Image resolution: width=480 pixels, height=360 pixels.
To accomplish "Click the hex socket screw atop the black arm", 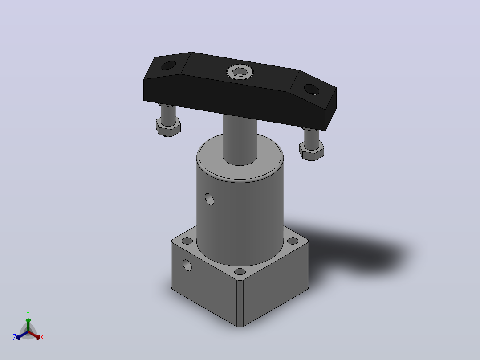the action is point(240,72).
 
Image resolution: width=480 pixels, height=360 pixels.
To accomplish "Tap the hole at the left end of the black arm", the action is point(168,65).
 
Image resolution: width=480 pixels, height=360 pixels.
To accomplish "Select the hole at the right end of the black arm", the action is point(312,90).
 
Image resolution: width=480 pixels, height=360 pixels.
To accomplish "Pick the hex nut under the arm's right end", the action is point(312,151).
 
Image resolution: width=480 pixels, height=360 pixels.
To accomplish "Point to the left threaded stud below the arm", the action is point(168,115).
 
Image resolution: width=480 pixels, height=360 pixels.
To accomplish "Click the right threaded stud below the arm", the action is point(312,138).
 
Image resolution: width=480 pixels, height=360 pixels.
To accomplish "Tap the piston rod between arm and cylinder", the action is point(240,139).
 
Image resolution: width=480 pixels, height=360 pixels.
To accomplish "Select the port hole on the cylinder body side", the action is point(209,199).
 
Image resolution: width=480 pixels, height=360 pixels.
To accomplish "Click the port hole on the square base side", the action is point(187,265).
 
